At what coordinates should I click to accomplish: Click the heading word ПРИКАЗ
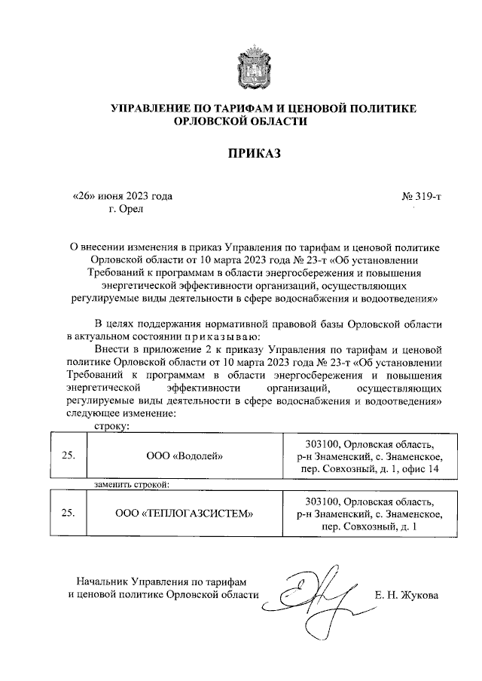(254, 154)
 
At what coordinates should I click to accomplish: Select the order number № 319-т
(422, 197)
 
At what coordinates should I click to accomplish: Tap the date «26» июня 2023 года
(122, 197)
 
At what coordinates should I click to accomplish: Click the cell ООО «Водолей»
(185, 456)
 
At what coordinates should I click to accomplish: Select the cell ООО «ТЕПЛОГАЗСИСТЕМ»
(185, 513)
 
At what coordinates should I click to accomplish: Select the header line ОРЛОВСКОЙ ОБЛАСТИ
(252, 122)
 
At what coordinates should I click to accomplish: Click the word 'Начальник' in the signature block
(102, 581)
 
